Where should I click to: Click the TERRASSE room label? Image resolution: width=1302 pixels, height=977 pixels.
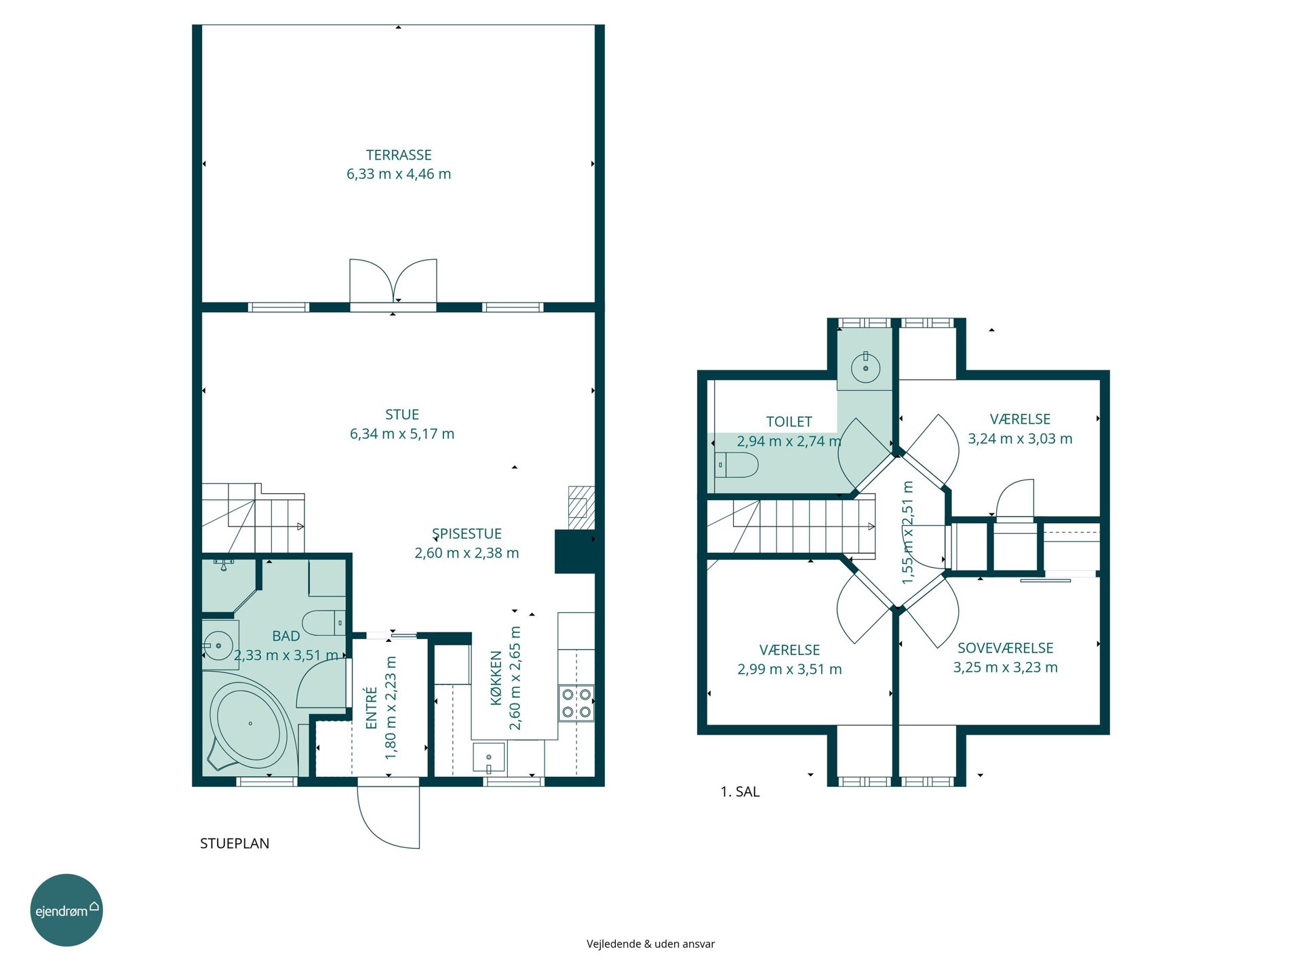point(399,155)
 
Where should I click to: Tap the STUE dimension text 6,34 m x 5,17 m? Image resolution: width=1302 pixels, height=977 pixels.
point(402,434)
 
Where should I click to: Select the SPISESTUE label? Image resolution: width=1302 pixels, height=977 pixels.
point(467,534)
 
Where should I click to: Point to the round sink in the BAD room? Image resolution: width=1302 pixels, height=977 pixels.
point(218,645)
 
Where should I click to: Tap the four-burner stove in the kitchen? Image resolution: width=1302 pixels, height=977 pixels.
point(576,703)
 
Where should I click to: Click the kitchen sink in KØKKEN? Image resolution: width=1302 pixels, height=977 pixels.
point(489,759)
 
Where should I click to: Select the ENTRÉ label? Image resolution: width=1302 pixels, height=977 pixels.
point(371,708)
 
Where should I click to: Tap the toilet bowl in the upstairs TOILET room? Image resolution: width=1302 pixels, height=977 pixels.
point(737,465)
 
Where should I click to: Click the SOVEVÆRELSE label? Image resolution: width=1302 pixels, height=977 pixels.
point(1005,649)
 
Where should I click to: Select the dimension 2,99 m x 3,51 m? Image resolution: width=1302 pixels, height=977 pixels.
point(789,670)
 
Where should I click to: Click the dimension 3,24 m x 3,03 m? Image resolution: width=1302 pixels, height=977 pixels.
point(1020,439)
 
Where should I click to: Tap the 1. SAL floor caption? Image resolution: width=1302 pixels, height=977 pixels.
point(740,792)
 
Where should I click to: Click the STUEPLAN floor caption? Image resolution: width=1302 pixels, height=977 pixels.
point(235,843)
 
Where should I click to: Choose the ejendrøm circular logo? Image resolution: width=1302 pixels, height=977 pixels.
point(66,910)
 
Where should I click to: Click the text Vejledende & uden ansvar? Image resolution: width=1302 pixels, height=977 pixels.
point(651,944)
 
